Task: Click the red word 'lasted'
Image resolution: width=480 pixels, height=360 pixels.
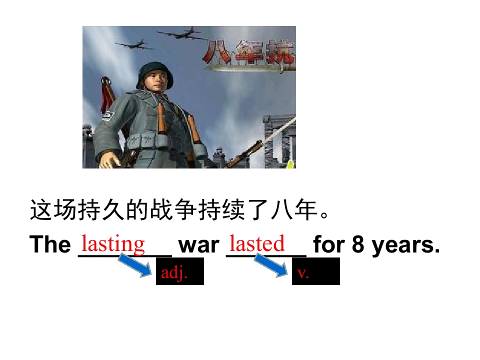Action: point(257,244)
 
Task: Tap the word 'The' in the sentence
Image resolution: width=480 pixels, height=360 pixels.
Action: point(50,245)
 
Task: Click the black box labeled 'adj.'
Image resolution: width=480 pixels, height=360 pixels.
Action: point(180,272)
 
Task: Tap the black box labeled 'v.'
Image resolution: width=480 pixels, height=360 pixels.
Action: point(315,272)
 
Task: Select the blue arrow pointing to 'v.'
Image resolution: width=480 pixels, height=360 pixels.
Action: point(272,265)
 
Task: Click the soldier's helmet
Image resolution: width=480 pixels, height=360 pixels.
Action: point(154,70)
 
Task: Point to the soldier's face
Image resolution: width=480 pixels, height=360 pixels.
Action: point(157,82)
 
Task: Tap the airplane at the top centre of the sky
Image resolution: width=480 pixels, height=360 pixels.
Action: point(183,34)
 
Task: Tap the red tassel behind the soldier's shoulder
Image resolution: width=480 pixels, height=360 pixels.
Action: point(107,95)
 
